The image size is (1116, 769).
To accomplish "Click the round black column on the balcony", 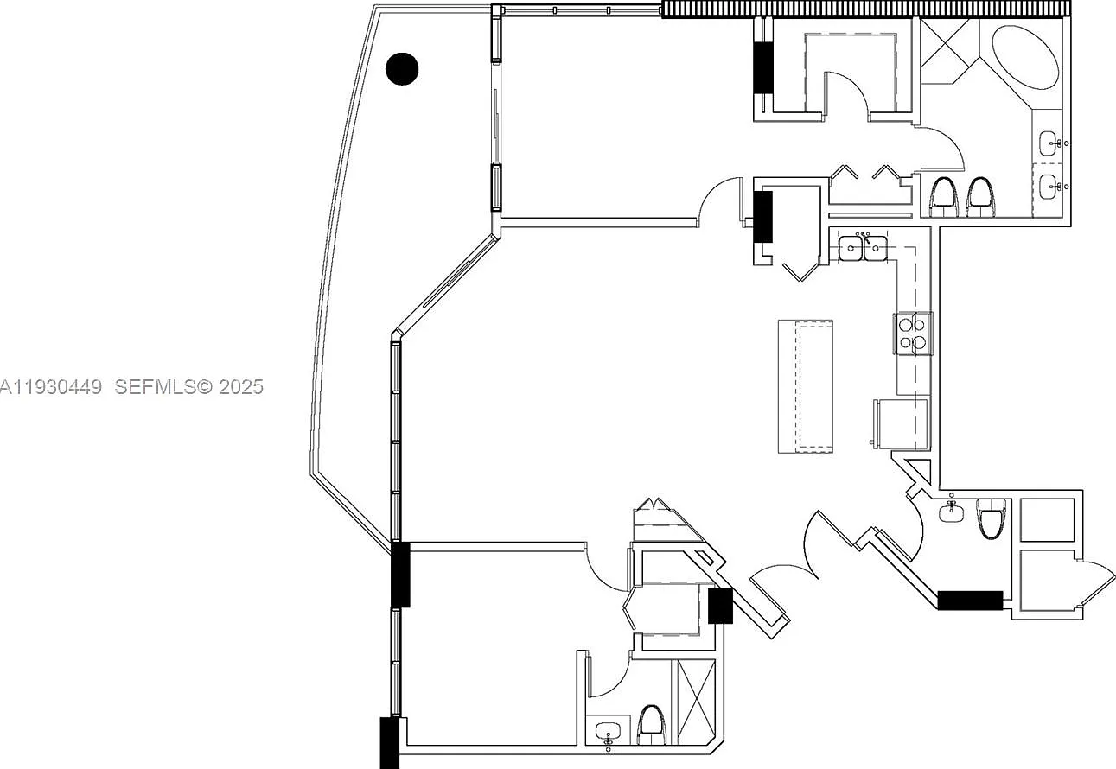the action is point(402,69).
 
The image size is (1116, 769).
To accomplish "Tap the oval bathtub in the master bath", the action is point(1025,57).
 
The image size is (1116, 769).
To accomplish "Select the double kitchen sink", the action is point(863,247).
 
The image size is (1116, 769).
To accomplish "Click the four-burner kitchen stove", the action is point(913,334).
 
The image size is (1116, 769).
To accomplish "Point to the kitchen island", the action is point(806,386).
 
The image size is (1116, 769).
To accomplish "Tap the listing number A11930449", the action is point(51,387).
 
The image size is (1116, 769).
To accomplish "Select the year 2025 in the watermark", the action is point(241,387).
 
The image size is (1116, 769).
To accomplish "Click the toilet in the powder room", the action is point(991,518).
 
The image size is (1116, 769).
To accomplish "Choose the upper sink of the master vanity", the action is point(1048,143).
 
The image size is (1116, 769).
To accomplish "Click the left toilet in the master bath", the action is point(944,197).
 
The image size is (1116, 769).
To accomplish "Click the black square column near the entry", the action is point(720,607).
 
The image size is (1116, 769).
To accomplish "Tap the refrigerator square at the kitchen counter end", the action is point(902,424).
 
